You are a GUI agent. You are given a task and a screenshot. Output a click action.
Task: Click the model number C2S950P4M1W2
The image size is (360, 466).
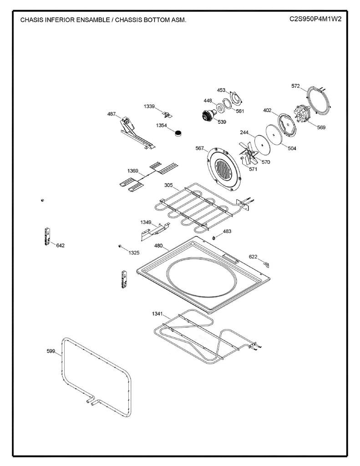coord(315,20)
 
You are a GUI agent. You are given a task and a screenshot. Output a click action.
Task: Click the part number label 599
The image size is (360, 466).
coord(51,351)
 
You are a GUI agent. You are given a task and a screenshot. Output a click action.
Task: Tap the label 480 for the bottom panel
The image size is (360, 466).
coord(158,245)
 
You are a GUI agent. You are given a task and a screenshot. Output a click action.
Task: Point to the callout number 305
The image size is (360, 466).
coord(168,185)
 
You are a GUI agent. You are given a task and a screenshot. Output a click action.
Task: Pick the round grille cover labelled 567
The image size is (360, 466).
coord(223,170)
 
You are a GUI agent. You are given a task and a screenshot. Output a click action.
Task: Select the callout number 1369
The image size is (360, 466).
coord(133,171)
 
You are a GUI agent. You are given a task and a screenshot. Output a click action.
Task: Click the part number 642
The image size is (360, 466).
coord(61,245)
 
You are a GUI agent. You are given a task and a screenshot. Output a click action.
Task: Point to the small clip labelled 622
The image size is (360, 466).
coord(267,263)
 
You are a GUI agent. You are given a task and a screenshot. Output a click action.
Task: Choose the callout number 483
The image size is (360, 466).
coord(227,231)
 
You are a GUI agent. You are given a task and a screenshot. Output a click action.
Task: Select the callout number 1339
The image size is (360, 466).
coord(149,106)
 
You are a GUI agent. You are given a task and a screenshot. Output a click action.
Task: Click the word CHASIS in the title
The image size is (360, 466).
coord(32,20)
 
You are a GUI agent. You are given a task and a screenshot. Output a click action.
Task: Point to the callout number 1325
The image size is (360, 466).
coord(134,252)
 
